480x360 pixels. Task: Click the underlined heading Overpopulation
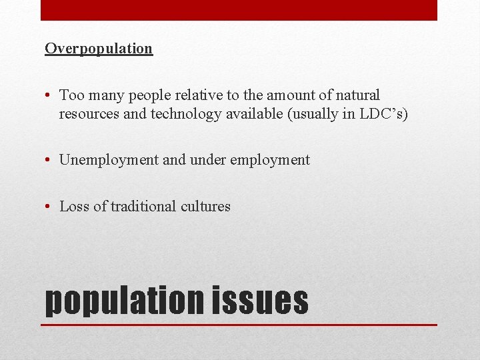pos(99,49)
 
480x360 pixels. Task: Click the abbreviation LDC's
pos(383,114)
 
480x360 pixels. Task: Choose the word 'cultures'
pos(205,207)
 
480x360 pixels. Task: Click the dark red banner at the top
pos(239,10)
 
